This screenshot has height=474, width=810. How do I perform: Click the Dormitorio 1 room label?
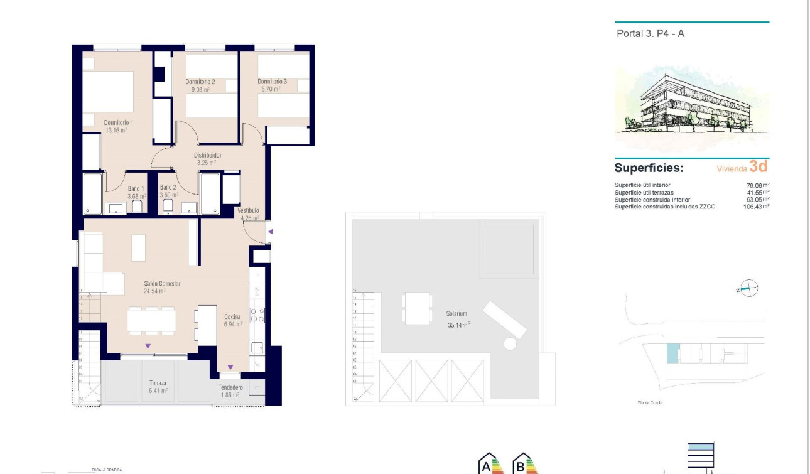(118, 122)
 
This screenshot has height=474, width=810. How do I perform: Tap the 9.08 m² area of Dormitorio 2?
(200, 90)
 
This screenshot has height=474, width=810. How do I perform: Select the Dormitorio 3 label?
(272, 82)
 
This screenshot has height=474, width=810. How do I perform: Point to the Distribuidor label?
(207, 155)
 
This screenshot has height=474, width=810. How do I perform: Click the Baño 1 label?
(136, 188)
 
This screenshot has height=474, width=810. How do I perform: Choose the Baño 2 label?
(168, 188)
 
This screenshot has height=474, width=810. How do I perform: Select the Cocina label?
(232, 316)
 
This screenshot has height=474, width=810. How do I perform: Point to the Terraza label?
(158, 383)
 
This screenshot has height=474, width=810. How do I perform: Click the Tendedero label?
(230, 387)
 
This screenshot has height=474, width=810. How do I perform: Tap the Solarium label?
(456, 313)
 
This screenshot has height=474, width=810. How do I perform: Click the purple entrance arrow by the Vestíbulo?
(271, 232)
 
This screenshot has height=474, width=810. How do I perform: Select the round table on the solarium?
(510, 344)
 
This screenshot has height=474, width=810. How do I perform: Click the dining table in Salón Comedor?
(151, 321)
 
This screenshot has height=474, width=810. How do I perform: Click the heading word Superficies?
(649, 168)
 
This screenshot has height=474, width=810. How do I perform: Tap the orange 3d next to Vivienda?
(759, 167)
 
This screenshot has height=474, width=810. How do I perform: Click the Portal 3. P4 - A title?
(651, 34)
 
